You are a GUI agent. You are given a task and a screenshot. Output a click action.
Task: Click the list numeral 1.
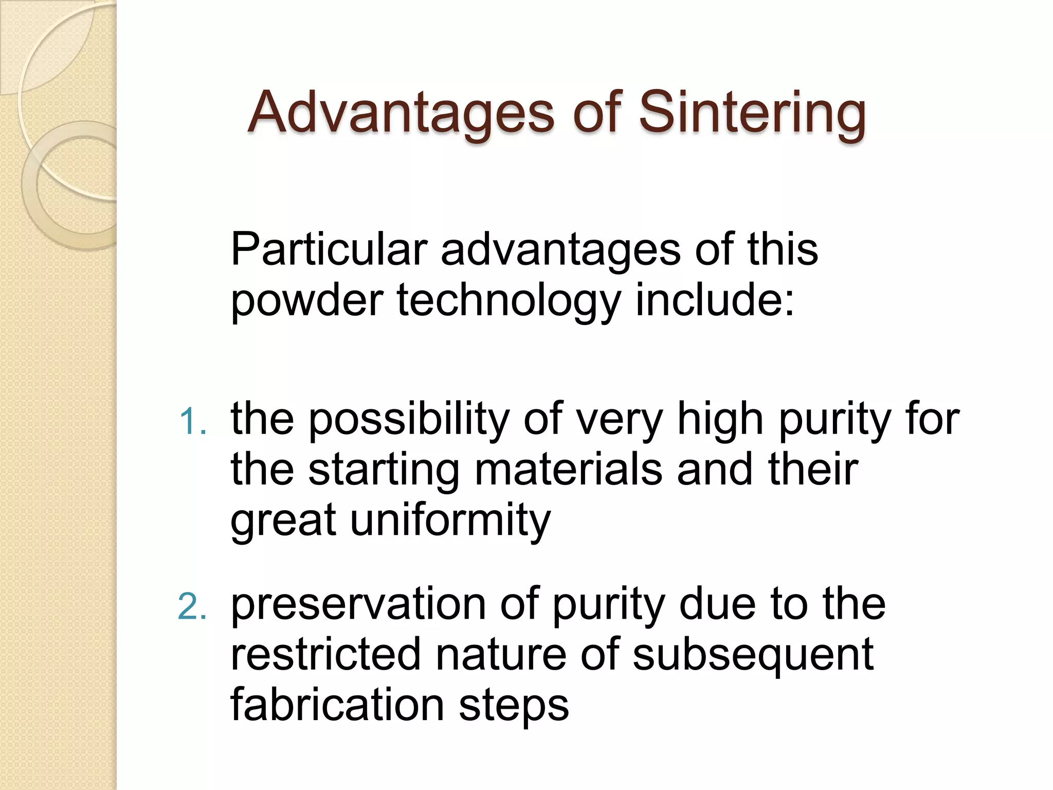click(192, 421)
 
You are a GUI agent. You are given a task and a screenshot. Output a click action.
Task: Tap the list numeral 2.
click(192, 606)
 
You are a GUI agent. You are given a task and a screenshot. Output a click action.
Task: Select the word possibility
click(408, 419)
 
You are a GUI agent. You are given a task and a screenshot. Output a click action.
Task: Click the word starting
click(384, 470)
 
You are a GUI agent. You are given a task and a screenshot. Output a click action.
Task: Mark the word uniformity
click(450, 520)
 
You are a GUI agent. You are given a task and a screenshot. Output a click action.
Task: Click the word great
click(283, 520)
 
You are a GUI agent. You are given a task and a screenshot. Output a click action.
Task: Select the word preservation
click(358, 604)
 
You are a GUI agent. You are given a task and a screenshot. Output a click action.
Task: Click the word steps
click(514, 706)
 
